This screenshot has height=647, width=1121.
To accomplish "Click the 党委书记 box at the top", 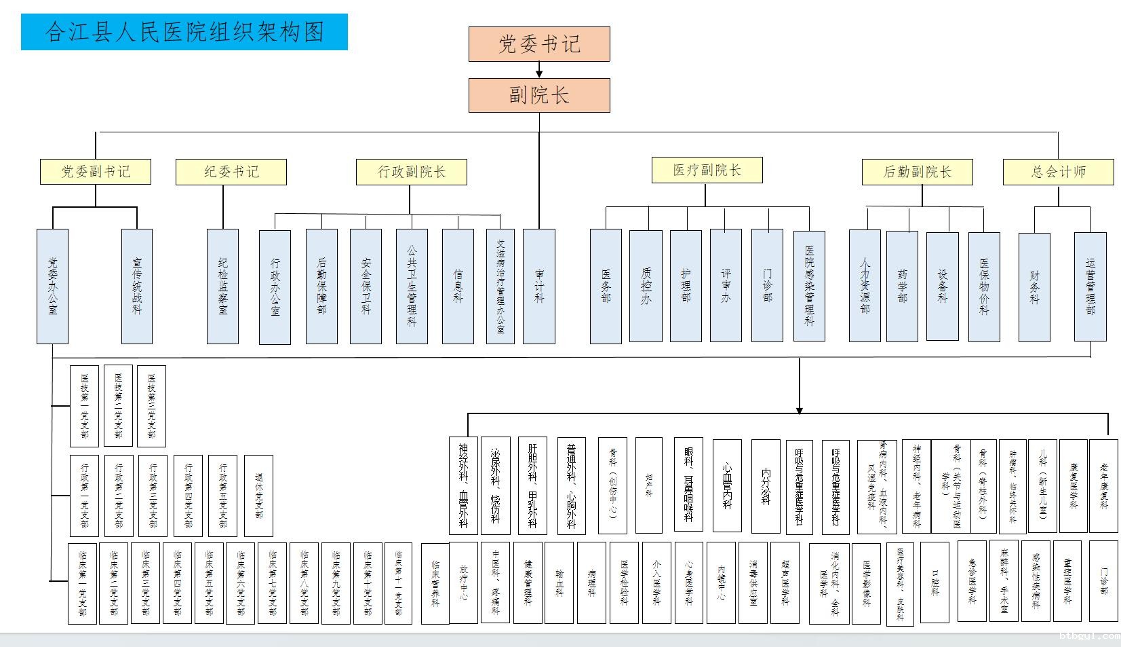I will pos(539,44).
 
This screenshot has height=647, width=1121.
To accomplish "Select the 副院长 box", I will pos(539,95).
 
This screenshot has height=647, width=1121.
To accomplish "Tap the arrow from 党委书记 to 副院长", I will pos(539,70).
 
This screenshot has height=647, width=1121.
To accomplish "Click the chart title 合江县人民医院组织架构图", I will pos(184,32).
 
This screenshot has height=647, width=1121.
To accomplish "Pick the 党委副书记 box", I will pos(96,172).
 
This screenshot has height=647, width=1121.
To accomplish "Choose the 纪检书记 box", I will pos(231,172).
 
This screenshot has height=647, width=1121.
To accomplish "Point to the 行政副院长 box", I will pos(412,172).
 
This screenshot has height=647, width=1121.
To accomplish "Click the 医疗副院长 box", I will pos(707,170).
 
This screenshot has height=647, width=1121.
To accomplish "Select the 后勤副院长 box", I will pos(918,172).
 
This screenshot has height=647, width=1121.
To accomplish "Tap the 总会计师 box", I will pos(1058,172).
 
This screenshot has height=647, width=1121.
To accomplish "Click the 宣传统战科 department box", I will pos(137,286).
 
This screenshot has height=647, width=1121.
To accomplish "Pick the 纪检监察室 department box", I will pos(222,286).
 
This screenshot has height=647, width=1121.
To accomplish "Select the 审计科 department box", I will pos(539,286).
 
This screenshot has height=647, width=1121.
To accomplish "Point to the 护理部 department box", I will pos(686,286).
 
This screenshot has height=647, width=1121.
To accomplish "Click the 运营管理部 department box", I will pos(1090,286).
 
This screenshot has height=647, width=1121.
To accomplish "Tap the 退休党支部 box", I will pos(258,496).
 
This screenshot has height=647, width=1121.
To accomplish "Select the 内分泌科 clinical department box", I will pos(766,485).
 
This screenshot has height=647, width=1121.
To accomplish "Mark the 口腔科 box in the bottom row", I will pos(935,582).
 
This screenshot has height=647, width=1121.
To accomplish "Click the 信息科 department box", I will pos(458,286).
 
